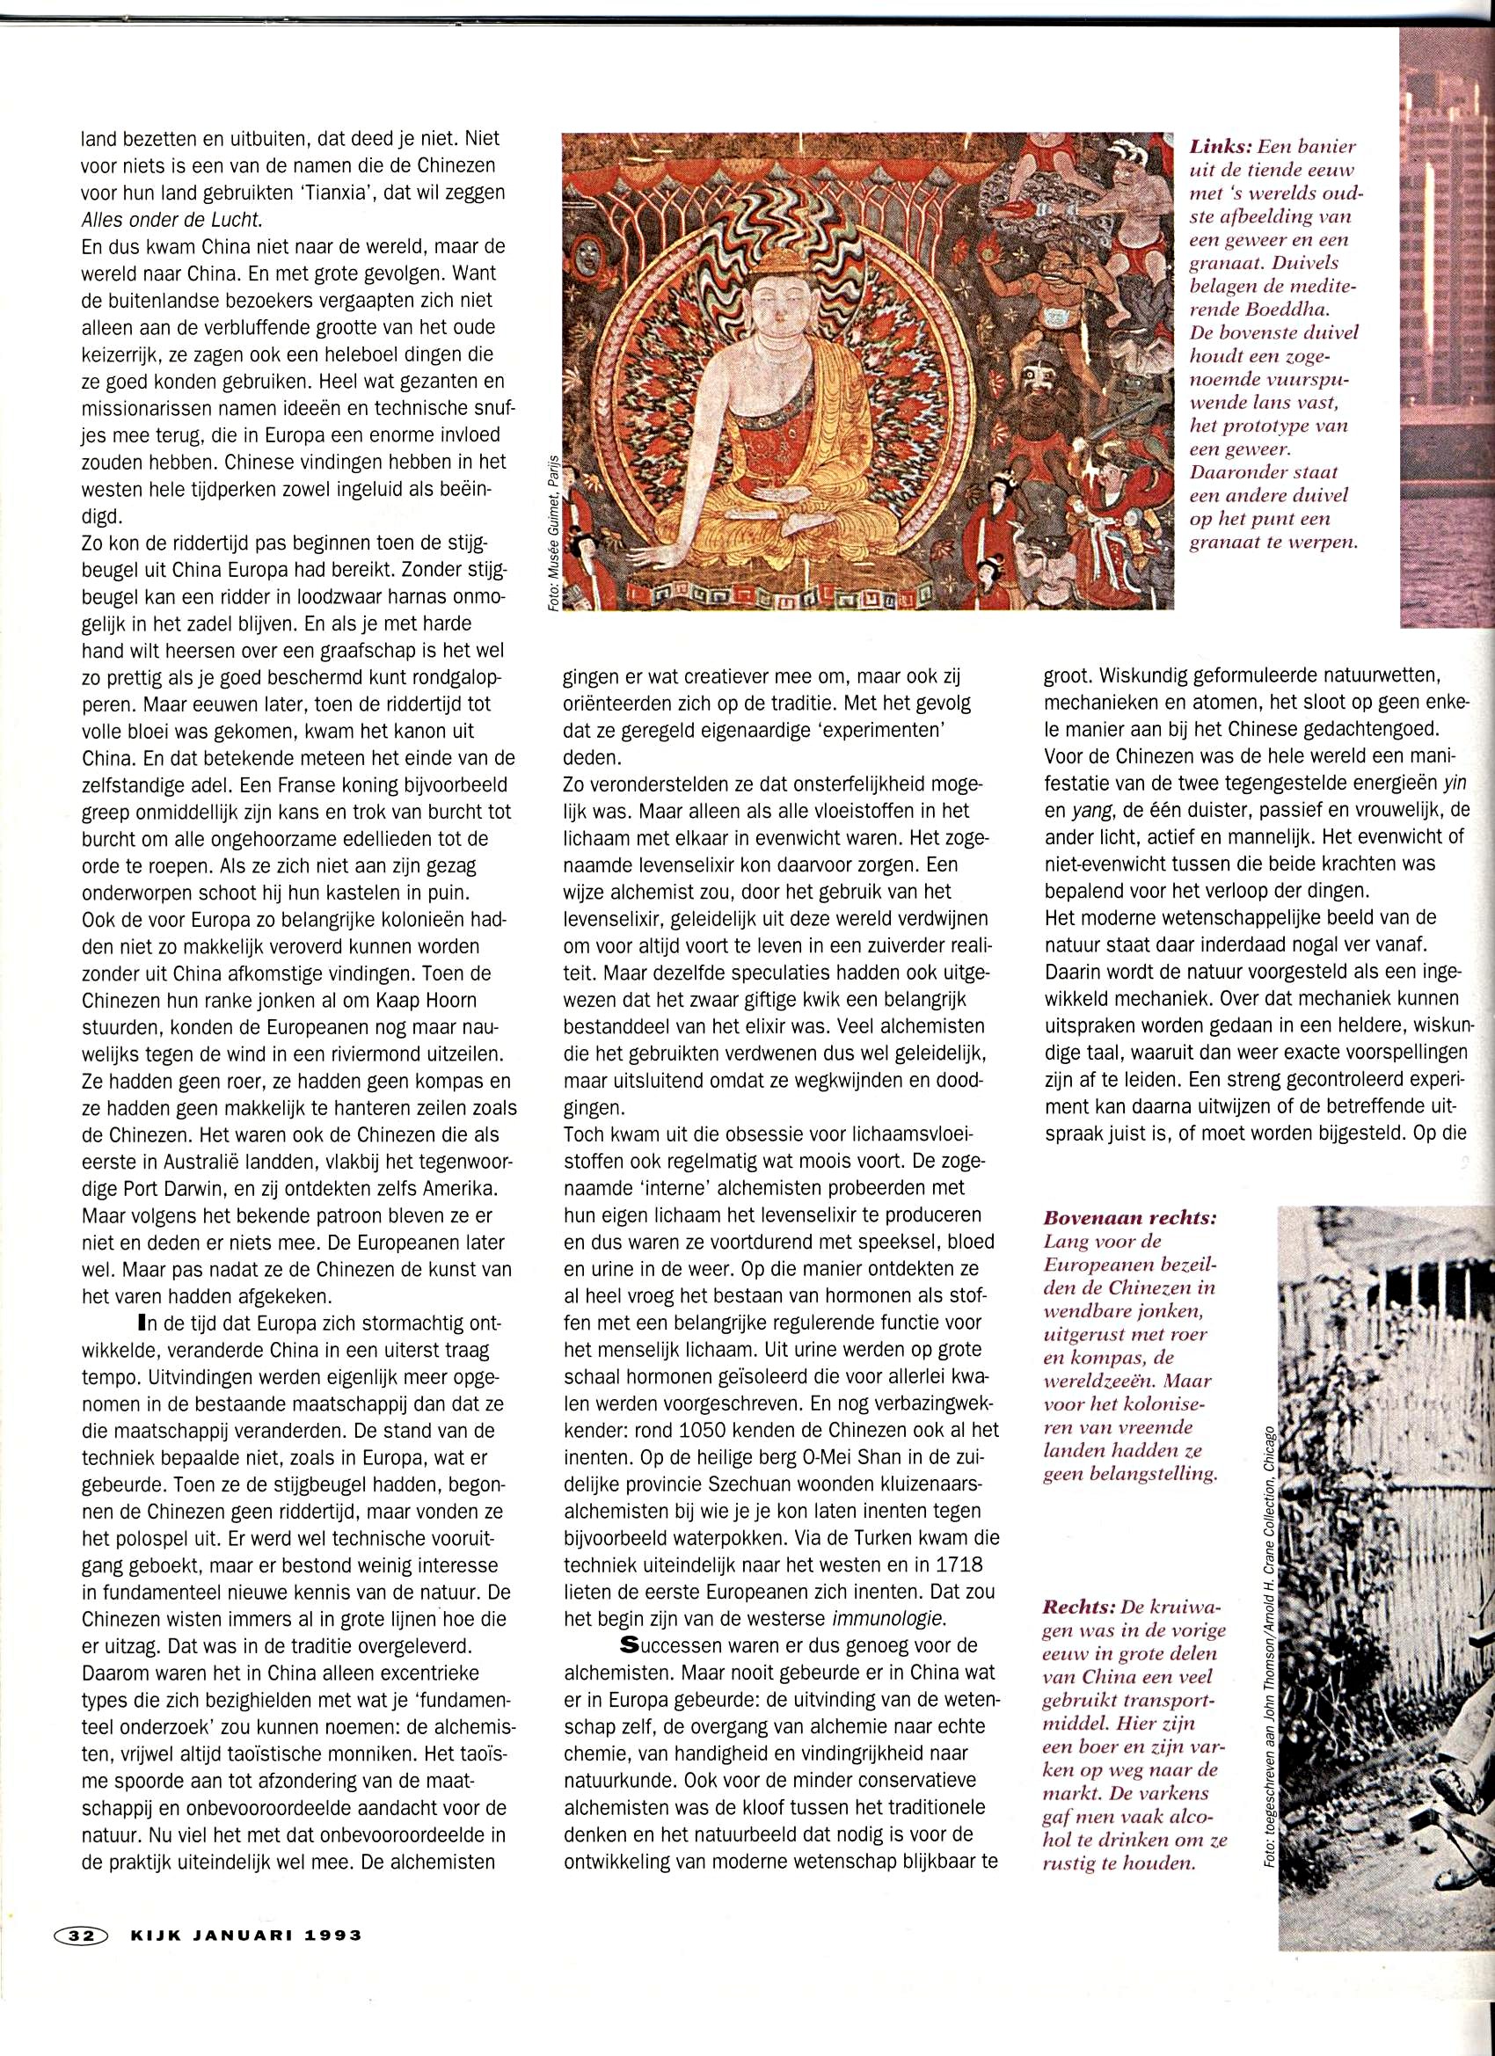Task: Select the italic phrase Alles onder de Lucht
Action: [x=169, y=220]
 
